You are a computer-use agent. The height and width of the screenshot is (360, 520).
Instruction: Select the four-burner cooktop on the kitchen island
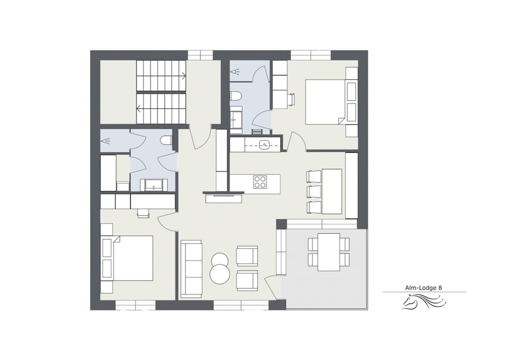click(x=261, y=182)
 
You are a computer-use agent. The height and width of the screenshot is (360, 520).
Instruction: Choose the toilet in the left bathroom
click(x=166, y=141)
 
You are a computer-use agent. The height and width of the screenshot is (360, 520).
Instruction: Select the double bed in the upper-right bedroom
click(x=325, y=102)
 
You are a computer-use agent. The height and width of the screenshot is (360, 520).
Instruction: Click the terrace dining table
click(x=328, y=252)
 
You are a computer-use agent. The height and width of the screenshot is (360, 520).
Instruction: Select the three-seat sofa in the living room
click(x=191, y=268)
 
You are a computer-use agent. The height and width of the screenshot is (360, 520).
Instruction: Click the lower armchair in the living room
click(x=247, y=280)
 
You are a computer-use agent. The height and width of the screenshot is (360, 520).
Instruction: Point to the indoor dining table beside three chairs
click(x=331, y=191)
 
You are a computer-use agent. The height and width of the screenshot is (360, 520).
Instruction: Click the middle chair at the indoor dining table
click(x=314, y=192)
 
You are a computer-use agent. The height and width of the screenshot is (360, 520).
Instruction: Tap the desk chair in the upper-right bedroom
click(x=291, y=99)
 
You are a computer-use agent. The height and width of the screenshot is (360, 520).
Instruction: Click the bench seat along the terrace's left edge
click(x=281, y=251)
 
